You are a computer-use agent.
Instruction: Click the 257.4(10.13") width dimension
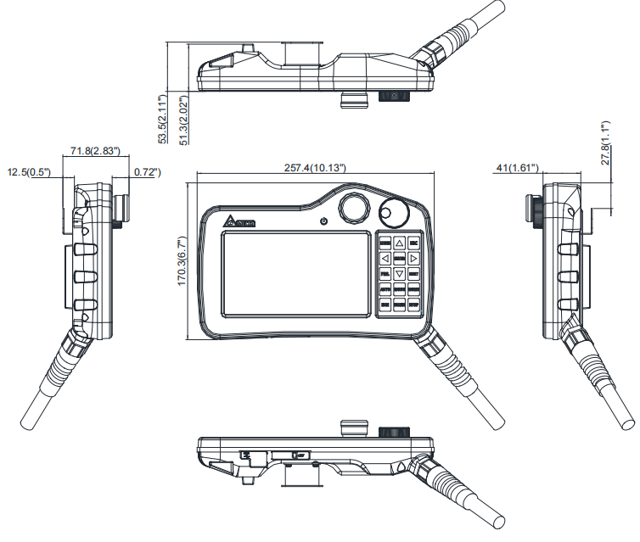(x=315, y=168)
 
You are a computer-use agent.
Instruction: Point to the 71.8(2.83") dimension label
(x=94, y=151)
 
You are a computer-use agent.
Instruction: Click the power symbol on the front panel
(x=323, y=221)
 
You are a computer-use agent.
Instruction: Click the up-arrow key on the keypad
(x=399, y=242)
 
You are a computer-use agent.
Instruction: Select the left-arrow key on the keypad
(x=385, y=258)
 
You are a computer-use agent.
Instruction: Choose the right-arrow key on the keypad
(x=413, y=258)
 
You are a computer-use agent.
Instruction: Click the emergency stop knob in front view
(x=354, y=208)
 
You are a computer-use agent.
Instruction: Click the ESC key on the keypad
(x=413, y=242)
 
